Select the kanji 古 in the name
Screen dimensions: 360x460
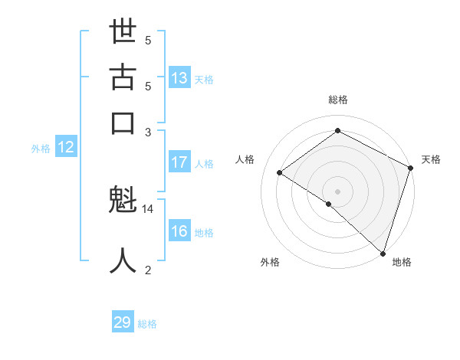pos(123,78)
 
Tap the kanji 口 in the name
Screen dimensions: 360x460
pos(123,123)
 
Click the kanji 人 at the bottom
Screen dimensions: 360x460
pos(123,260)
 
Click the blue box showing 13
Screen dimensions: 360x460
pos(179,77)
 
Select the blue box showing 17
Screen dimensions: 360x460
pos(179,162)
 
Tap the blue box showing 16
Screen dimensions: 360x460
pos(179,232)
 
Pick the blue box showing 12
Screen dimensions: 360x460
pos(66,148)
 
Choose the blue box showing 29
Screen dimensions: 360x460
pos(123,322)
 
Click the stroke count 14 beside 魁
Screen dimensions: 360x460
pos(148,208)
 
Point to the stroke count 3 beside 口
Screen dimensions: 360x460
pos(148,132)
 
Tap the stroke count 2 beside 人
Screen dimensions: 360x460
pos(148,270)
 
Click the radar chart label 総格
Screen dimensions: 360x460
pos(338,100)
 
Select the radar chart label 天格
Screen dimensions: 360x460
pos(431,159)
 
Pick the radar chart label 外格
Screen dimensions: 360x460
pos(270,262)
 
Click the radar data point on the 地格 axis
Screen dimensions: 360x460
pos(383,252)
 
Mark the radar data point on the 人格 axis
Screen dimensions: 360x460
pos(280,172)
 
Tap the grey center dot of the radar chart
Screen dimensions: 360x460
pos(338,191)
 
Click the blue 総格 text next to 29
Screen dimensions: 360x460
pos(147,324)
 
